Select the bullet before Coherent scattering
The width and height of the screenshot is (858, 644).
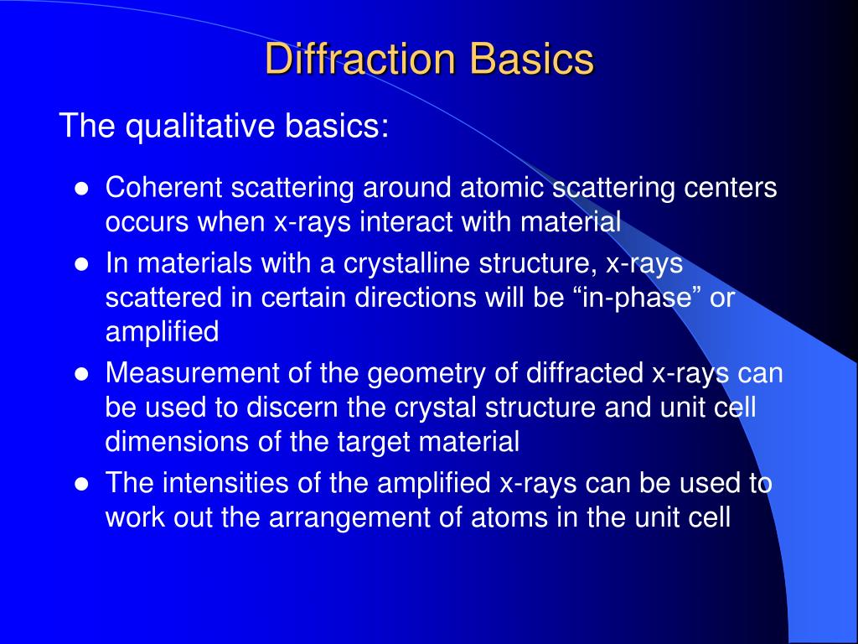[81, 189]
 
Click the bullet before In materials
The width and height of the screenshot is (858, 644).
[81, 264]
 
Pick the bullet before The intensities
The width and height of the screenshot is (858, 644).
[81, 485]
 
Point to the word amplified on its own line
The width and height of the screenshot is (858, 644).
[162, 333]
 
